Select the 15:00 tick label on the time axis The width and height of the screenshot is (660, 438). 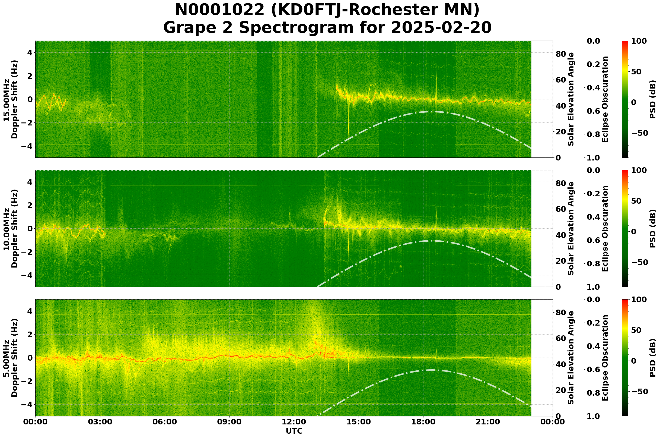(x=359, y=421)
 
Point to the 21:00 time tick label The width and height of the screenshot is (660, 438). (x=488, y=421)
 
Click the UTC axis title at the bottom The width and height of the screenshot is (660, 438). (x=294, y=431)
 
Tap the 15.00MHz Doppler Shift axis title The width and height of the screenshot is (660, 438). (x=10, y=99)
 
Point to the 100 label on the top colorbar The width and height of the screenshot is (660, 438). (x=639, y=41)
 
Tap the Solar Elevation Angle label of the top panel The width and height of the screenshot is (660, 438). (x=571, y=99)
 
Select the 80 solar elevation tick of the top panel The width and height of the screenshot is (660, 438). (x=561, y=54)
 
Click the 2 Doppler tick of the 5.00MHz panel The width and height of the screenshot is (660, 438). (x=29, y=334)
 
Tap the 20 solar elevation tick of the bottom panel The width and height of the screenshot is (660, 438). (x=561, y=390)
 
